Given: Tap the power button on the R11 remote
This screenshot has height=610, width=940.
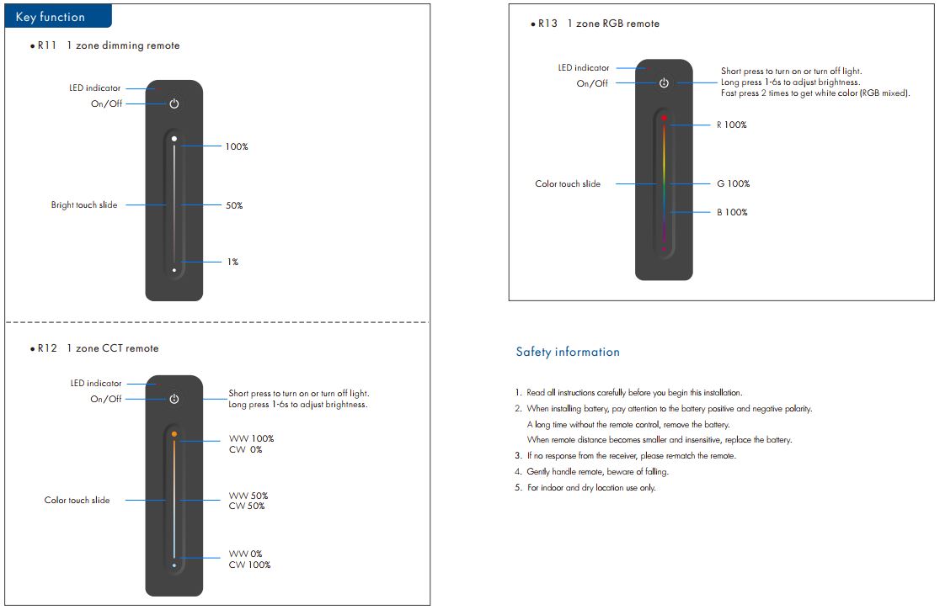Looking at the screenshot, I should click(x=174, y=103).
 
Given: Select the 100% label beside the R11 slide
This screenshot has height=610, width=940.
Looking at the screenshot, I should click(x=237, y=146).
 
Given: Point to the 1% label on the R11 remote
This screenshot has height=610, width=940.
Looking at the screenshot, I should click(x=232, y=262).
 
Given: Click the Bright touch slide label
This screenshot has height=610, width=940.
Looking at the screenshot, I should click(x=84, y=204).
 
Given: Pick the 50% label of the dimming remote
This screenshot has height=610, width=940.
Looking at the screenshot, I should click(x=234, y=205).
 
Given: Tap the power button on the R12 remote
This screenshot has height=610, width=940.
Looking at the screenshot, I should click(x=174, y=399).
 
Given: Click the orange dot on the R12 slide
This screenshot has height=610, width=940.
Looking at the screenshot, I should click(x=174, y=434).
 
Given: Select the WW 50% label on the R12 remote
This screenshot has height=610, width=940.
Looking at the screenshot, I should click(x=248, y=496).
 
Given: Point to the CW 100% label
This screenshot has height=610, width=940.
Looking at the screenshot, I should click(x=249, y=565).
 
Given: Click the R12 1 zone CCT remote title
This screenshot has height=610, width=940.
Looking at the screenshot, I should click(x=99, y=348).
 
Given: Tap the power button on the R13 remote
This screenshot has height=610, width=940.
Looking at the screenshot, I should click(x=664, y=82).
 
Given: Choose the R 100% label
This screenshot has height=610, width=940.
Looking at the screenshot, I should click(x=731, y=125).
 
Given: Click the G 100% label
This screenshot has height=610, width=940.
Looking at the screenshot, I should click(x=733, y=183).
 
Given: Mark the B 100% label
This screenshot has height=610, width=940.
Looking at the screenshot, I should click(x=732, y=212).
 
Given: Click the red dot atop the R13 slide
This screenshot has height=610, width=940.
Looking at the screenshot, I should click(x=664, y=118).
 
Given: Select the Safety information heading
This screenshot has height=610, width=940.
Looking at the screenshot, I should click(x=568, y=352).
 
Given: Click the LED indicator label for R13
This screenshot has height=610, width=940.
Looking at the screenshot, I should click(x=584, y=68).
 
